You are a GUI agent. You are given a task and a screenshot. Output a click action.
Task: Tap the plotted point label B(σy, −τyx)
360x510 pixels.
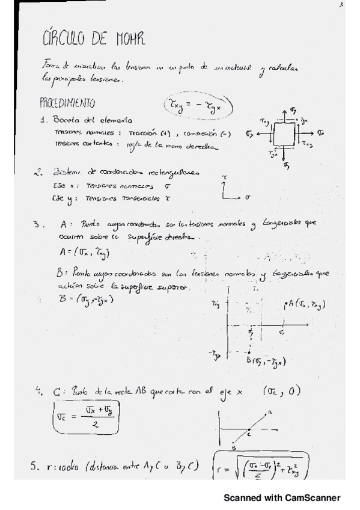pyautogui.click(x=264, y=362)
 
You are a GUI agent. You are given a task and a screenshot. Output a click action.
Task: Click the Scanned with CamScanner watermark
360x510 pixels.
pyautogui.click(x=282, y=497)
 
